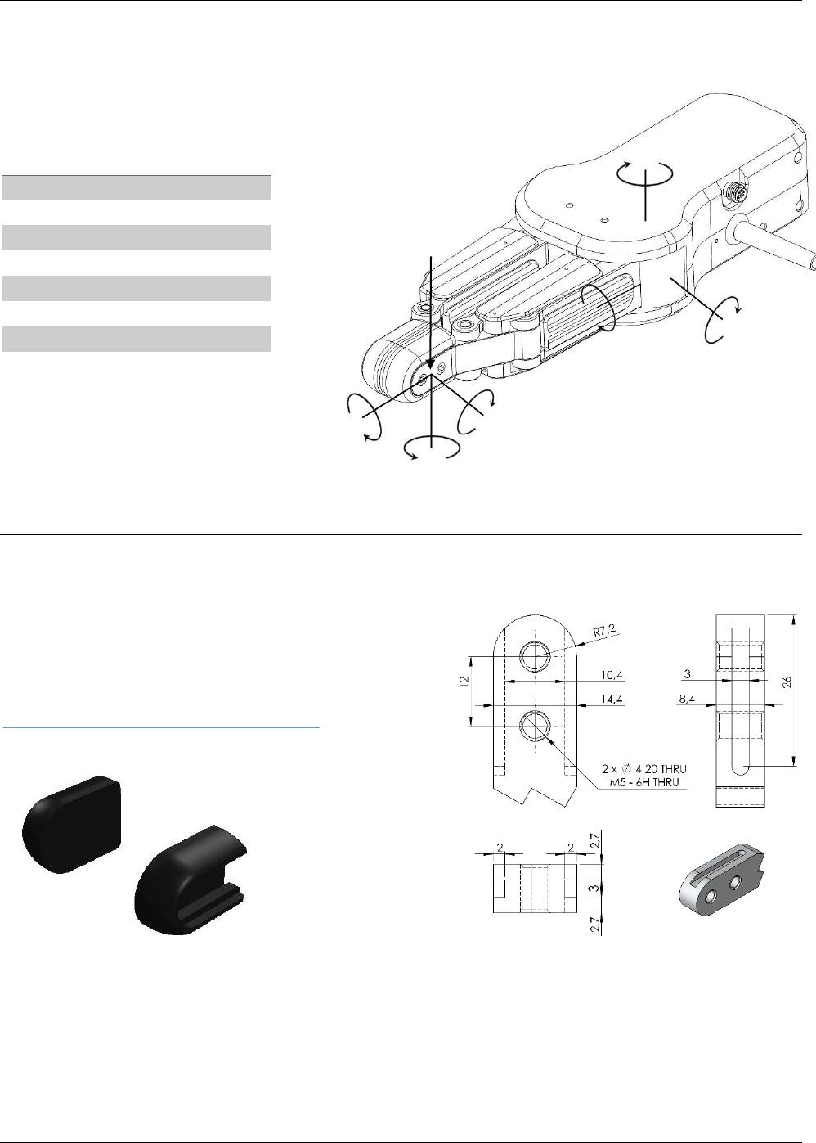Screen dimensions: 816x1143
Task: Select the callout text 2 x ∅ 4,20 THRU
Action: click(643, 769)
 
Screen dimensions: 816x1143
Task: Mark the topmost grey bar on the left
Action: click(136, 187)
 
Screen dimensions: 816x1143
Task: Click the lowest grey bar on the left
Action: click(136, 339)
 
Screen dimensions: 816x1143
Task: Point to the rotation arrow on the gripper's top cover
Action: click(644, 174)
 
